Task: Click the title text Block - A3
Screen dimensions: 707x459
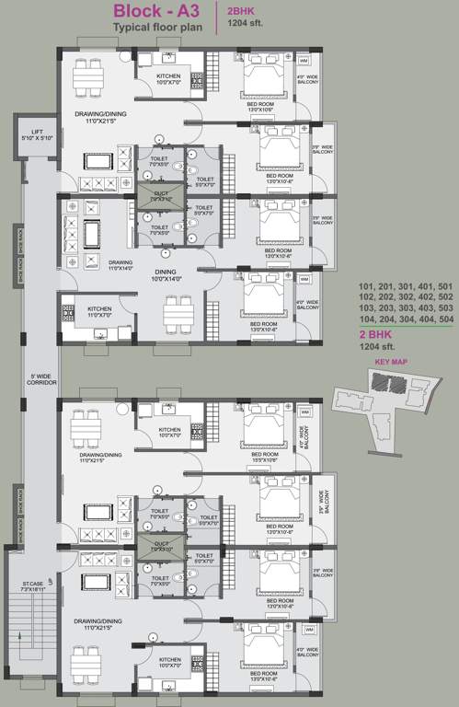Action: pos(155,12)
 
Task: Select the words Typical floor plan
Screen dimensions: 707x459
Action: pos(155,29)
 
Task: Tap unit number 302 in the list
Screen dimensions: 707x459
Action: pos(407,298)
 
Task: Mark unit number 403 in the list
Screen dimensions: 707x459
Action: pos(427,310)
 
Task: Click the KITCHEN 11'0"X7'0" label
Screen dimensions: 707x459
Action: pos(98,311)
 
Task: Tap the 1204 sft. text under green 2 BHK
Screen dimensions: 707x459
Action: pos(377,348)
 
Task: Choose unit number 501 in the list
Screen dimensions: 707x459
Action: pos(447,286)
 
